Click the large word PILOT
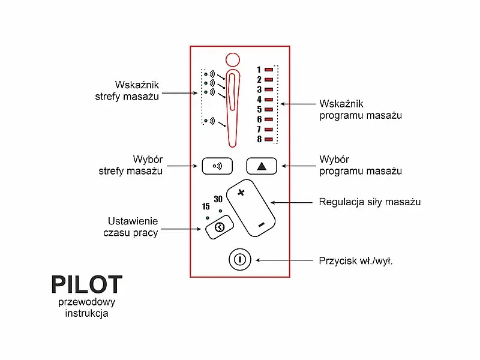(x=86, y=284)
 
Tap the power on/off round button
(x=239, y=260)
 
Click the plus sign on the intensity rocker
(x=242, y=193)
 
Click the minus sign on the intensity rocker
(x=262, y=224)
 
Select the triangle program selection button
(x=262, y=166)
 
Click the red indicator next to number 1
(x=268, y=70)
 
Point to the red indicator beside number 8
(x=268, y=140)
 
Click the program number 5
(x=259, y=109)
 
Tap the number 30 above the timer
(x=218, y=199)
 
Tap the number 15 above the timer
(x=206, y=206)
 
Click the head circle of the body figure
(x=232, y=60)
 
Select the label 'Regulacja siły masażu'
(x=370, y=202)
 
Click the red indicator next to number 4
(x=268, y=100)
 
